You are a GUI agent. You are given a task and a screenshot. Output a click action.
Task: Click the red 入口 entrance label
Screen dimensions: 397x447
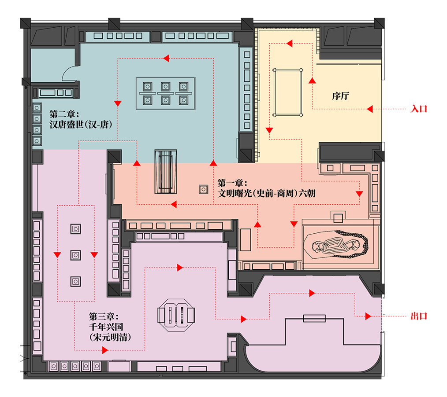click(x=419, y=109)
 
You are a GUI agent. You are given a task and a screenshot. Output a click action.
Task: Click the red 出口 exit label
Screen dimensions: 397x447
click(x=419, y=316)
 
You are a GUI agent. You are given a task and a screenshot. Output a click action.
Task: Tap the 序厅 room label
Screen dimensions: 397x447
click(x=340, y=96)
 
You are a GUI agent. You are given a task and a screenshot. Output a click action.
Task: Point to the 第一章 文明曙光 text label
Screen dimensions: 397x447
click(x=266, y=188)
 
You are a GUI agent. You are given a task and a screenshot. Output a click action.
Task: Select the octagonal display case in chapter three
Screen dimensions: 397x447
click(x=177, y=315)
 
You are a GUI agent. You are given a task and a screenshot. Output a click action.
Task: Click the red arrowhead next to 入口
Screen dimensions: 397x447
click(x=369, y=109)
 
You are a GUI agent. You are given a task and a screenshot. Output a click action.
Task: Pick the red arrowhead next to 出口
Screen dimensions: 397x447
click(x=367, y=316)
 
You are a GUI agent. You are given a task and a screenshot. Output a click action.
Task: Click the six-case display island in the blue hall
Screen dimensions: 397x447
click(x=165, y=93)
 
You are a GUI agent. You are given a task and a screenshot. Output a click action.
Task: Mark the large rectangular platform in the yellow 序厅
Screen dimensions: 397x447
click(x=288, y=92)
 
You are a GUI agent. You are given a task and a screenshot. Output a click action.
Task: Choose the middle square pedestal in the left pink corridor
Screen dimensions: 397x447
click(x=75, y=255)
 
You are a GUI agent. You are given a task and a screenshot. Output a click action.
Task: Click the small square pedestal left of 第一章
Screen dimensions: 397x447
click(x=203, y=189)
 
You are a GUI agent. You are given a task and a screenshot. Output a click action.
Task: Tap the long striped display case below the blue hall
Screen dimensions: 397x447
click(x=166, y=171)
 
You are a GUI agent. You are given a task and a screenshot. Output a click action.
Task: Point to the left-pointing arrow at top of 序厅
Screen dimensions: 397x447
click(x=289, y=43)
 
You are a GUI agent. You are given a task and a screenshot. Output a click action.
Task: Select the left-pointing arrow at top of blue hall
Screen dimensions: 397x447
click(x=166, y=58)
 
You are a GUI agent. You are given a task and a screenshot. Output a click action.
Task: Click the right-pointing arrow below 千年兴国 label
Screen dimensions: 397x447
click(x=105, y=350)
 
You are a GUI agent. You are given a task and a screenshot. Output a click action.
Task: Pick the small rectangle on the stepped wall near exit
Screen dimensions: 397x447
click(x=314, y=318)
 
